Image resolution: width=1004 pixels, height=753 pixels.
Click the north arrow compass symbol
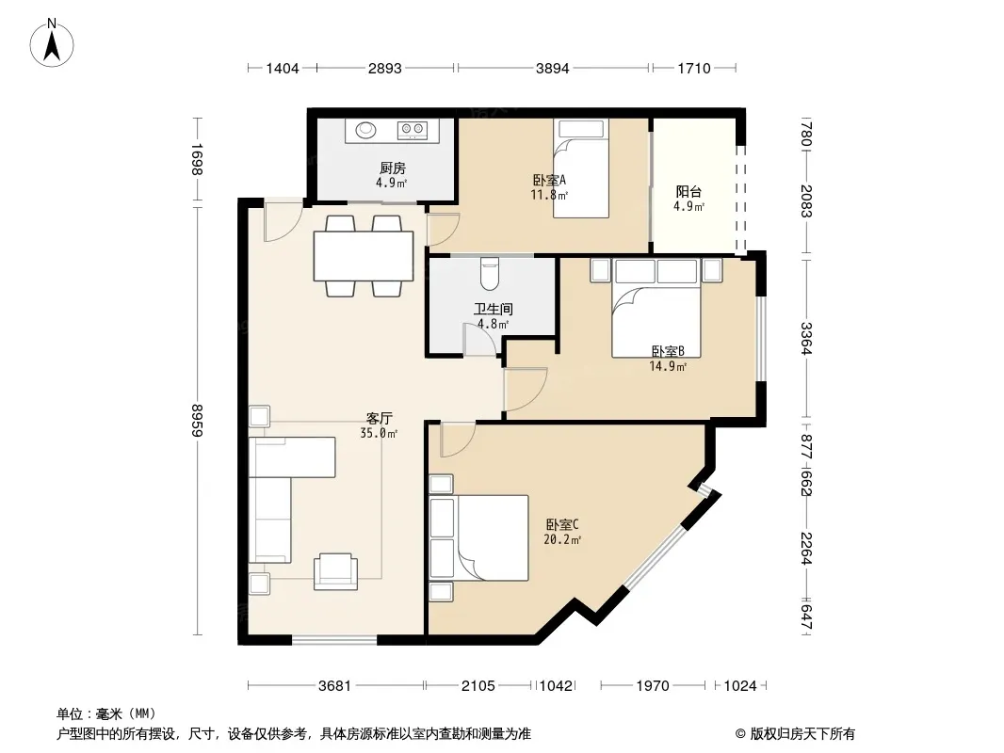point(52,42)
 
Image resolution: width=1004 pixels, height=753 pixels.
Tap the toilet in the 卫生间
point(491,273)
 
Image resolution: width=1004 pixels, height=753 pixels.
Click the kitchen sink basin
point(366,130)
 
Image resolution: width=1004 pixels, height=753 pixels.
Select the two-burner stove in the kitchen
point(413,130)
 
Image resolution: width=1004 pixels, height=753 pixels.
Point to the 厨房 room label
point(393,168)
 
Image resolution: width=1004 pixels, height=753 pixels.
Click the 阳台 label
point(688,191)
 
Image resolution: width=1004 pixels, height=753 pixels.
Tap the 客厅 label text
point(379,419)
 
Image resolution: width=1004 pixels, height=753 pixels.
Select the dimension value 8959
point(197,421)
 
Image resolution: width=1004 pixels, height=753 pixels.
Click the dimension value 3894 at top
point(553,68)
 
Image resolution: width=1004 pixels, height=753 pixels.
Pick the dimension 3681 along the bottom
point(335,686)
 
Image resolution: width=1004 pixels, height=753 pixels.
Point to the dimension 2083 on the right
point(807,200)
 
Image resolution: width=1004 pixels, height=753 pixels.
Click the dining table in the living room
point(364,256)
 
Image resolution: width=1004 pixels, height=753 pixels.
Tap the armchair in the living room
point(335,571)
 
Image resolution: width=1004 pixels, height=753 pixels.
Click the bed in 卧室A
point(581,168)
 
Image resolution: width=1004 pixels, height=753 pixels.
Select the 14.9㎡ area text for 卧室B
point(668,366)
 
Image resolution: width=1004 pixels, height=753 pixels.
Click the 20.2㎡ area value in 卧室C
point(562,540)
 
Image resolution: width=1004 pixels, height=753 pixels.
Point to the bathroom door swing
point(479,339)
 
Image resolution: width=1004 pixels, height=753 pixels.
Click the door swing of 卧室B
point(525,390)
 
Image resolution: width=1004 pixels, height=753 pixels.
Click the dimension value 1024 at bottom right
point(740,686)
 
